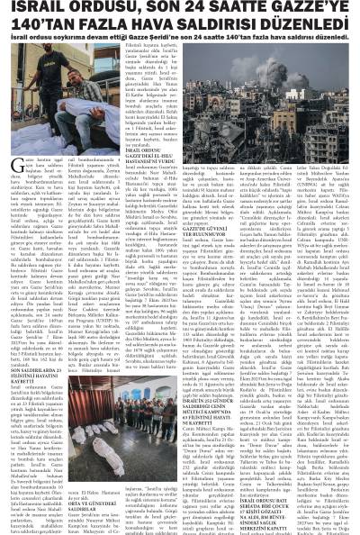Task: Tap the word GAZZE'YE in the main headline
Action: pyautogui.click(x=310, y=10)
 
